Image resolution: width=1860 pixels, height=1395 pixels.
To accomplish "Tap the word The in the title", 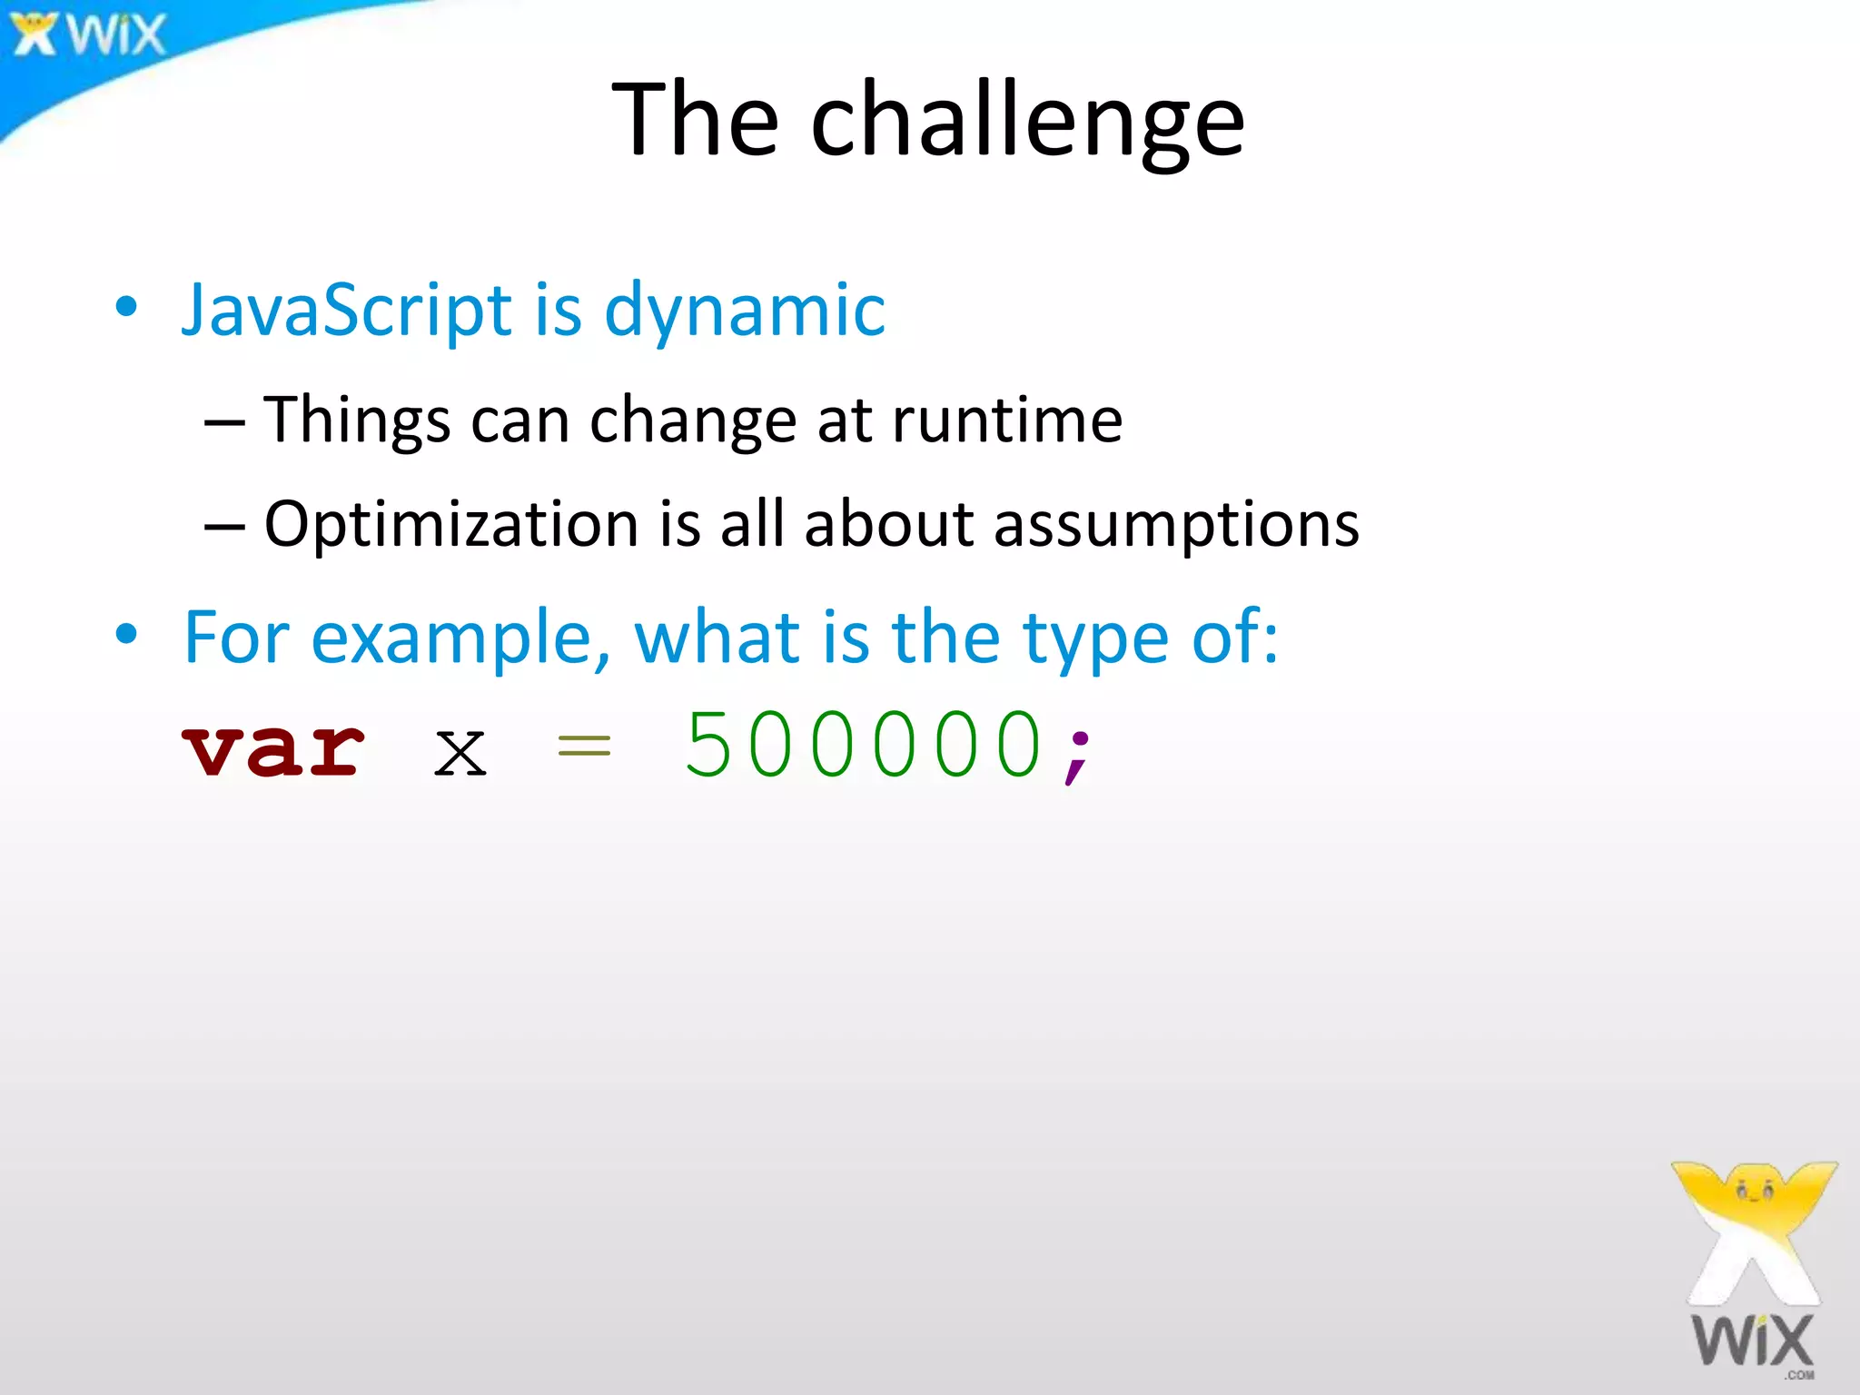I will pyautogui.click(x=695, y=120).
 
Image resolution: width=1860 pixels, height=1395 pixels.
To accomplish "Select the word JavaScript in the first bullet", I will pyautogui.click(x=347, y=311).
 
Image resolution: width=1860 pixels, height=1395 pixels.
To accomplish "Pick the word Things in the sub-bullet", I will pyautogui.click(x=357, y=421).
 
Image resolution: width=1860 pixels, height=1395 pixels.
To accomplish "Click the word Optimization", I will pyautogui.click(x=451, y=525).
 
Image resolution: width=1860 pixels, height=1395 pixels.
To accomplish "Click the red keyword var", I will pyautogui.click(x=273, y=749).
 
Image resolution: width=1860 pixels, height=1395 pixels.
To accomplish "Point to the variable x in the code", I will pyautogui.click(x=460, y=752).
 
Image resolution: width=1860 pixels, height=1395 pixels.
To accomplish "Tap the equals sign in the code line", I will pyautogui.click(x=584, y=747).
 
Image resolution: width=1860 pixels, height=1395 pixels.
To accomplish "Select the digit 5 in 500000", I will pyautogui.click(x=707, y=745).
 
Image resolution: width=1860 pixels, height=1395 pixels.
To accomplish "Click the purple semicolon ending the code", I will pyautogui.click(x=1078, y=754).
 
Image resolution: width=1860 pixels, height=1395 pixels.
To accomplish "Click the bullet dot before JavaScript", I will pyautogui.click(x=126, y=306).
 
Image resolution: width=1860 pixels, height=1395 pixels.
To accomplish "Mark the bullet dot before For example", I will pyautogui.click(x=126, y=633).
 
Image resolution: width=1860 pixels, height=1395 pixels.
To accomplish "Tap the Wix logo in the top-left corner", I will pyautogui.click(x=89, y=35).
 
